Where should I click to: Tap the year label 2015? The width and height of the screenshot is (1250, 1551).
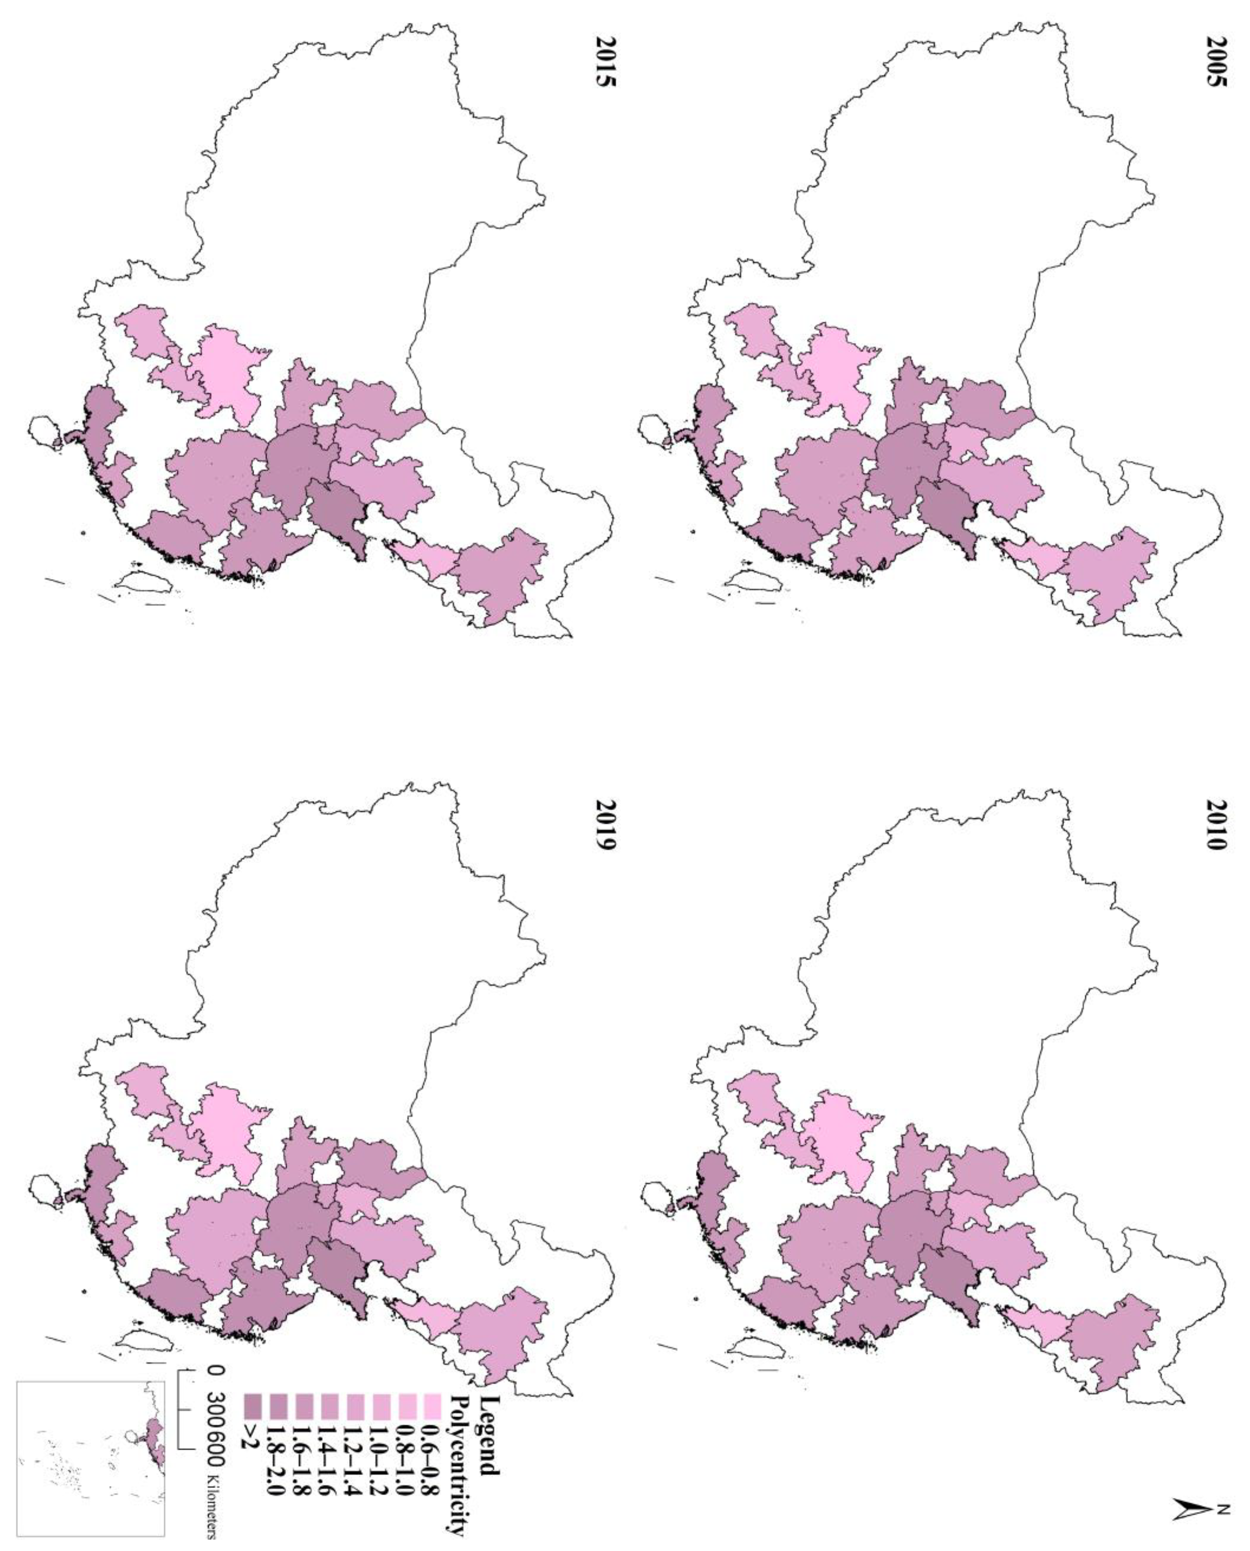click(x=605, y=68)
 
